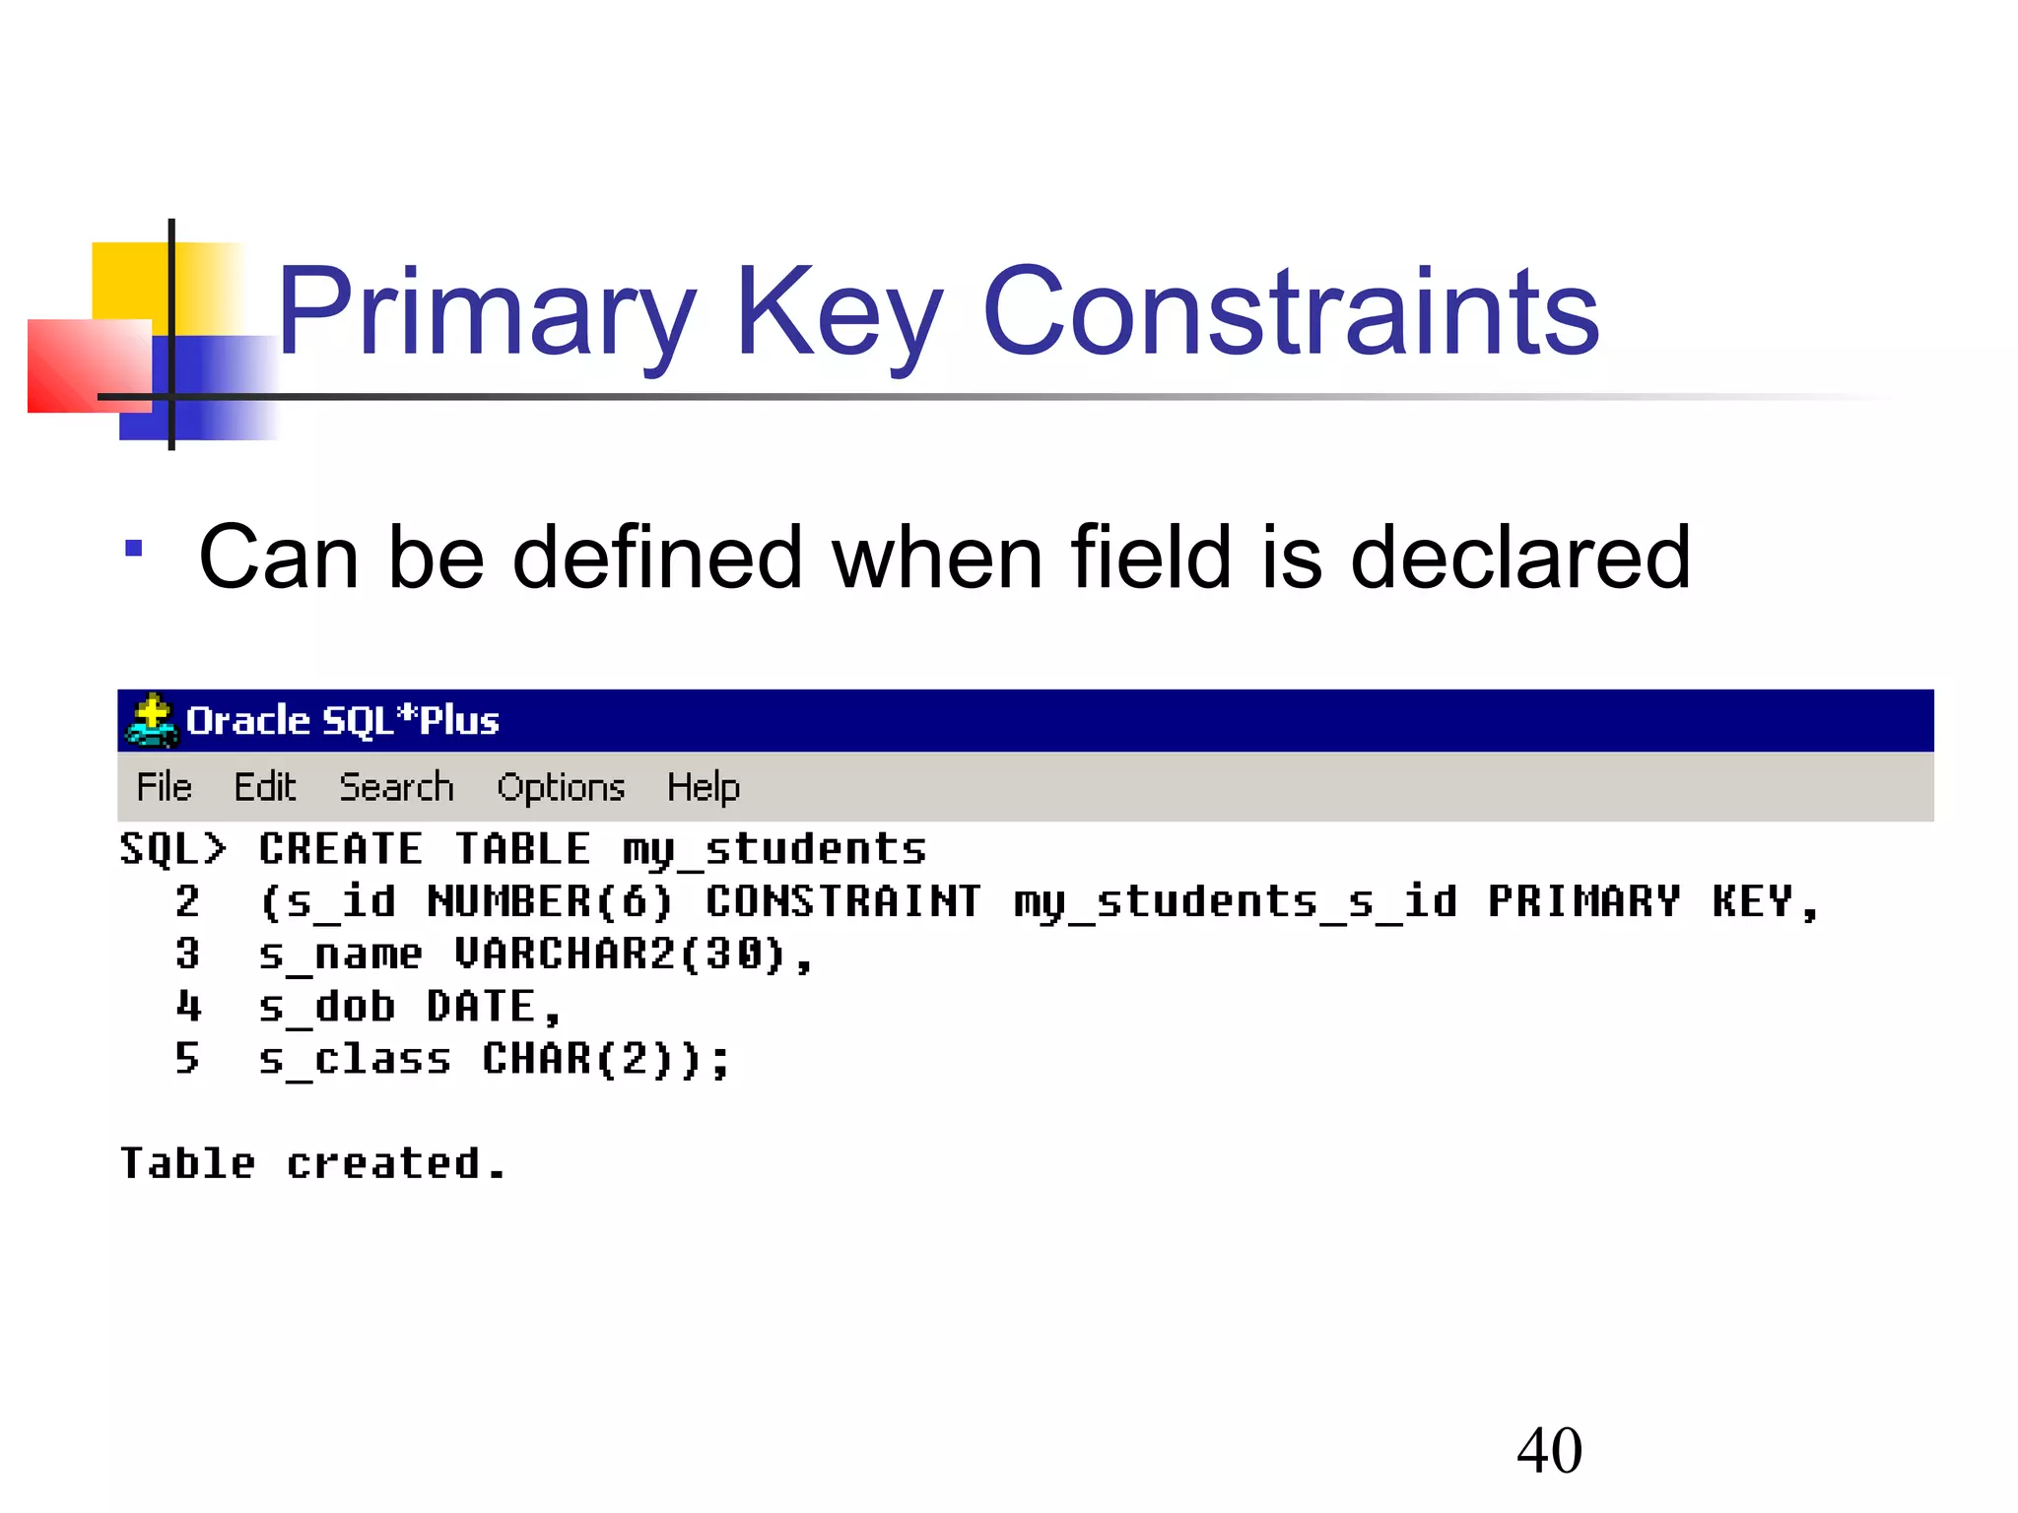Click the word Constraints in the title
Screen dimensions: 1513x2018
(x=1291, y=313)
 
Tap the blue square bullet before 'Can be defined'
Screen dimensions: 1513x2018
(x=134, y=549)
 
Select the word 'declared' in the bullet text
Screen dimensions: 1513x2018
(x=1519, y=558)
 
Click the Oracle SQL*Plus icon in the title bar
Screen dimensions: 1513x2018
(x=151, y=720)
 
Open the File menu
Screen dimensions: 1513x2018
(x=164, y=787)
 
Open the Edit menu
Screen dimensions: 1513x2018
(x=264, y=787)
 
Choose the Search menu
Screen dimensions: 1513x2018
(x=396, y=787)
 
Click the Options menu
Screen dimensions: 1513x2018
(x=561, y=787)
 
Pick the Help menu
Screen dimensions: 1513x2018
(x=703, y=787)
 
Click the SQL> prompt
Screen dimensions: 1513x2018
(x=172, y=849)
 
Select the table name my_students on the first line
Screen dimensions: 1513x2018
(x=774, y=849)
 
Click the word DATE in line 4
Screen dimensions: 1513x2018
(x=481, y=1007)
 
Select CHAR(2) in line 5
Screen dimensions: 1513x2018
(x=578, y=1059)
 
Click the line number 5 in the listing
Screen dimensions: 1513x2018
(x=187, y=1059)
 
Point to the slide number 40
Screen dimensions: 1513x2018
(x=1549, y=1450)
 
